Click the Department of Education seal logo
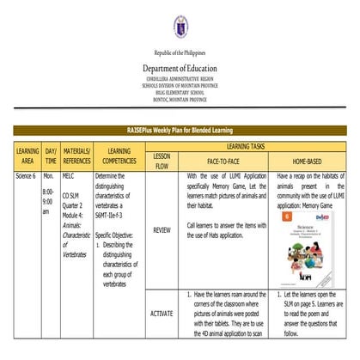180,28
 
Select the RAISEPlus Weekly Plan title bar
180,131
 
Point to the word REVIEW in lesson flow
162,229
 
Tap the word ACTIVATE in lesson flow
162,314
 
